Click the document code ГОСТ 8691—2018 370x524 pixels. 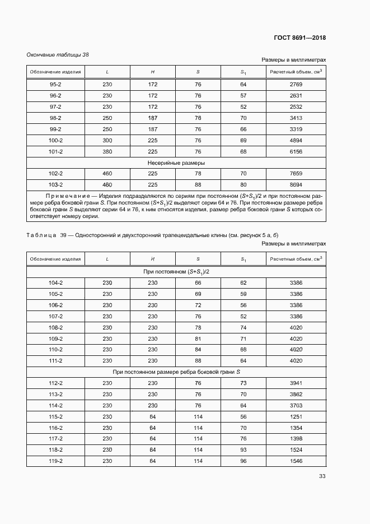coord(300,38)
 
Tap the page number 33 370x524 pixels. coord(322,476)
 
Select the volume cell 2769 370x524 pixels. coord(296,84)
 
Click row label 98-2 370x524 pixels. coord(55,118)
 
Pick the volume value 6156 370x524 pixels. coord(296,151)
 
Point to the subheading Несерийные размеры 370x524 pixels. coord(176,163)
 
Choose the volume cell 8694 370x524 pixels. coord(296,184)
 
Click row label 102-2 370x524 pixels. coord(55,173)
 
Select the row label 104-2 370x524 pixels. coord(55,283)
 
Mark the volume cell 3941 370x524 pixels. coord(296,383)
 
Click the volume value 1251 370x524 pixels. coord(296,416)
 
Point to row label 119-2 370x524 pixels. coord(55,461)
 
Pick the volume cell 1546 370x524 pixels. coord(296,461)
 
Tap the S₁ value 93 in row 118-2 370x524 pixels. coord(243,449)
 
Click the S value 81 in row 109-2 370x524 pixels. coord(198,338)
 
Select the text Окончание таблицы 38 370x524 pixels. coord(58,54)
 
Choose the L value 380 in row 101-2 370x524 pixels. coord(107,151)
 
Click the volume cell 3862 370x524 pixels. coord(296,394)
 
